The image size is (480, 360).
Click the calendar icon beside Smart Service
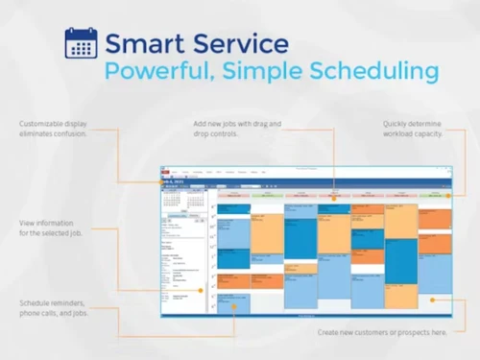pos(81,42)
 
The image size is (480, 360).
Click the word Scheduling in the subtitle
pos(375,72)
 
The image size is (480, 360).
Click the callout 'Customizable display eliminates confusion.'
pos(53,129)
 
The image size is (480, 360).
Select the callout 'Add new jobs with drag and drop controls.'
pos(231,129)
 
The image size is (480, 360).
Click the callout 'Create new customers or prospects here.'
pos(382,333)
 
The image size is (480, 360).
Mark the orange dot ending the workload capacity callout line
pos(447,195)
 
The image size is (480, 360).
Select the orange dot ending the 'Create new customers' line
pos(432,300)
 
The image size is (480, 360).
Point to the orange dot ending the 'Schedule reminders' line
pos(232,308)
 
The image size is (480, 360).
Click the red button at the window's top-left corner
pos(164,169)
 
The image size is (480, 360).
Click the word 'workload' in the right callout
pos(403,133)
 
